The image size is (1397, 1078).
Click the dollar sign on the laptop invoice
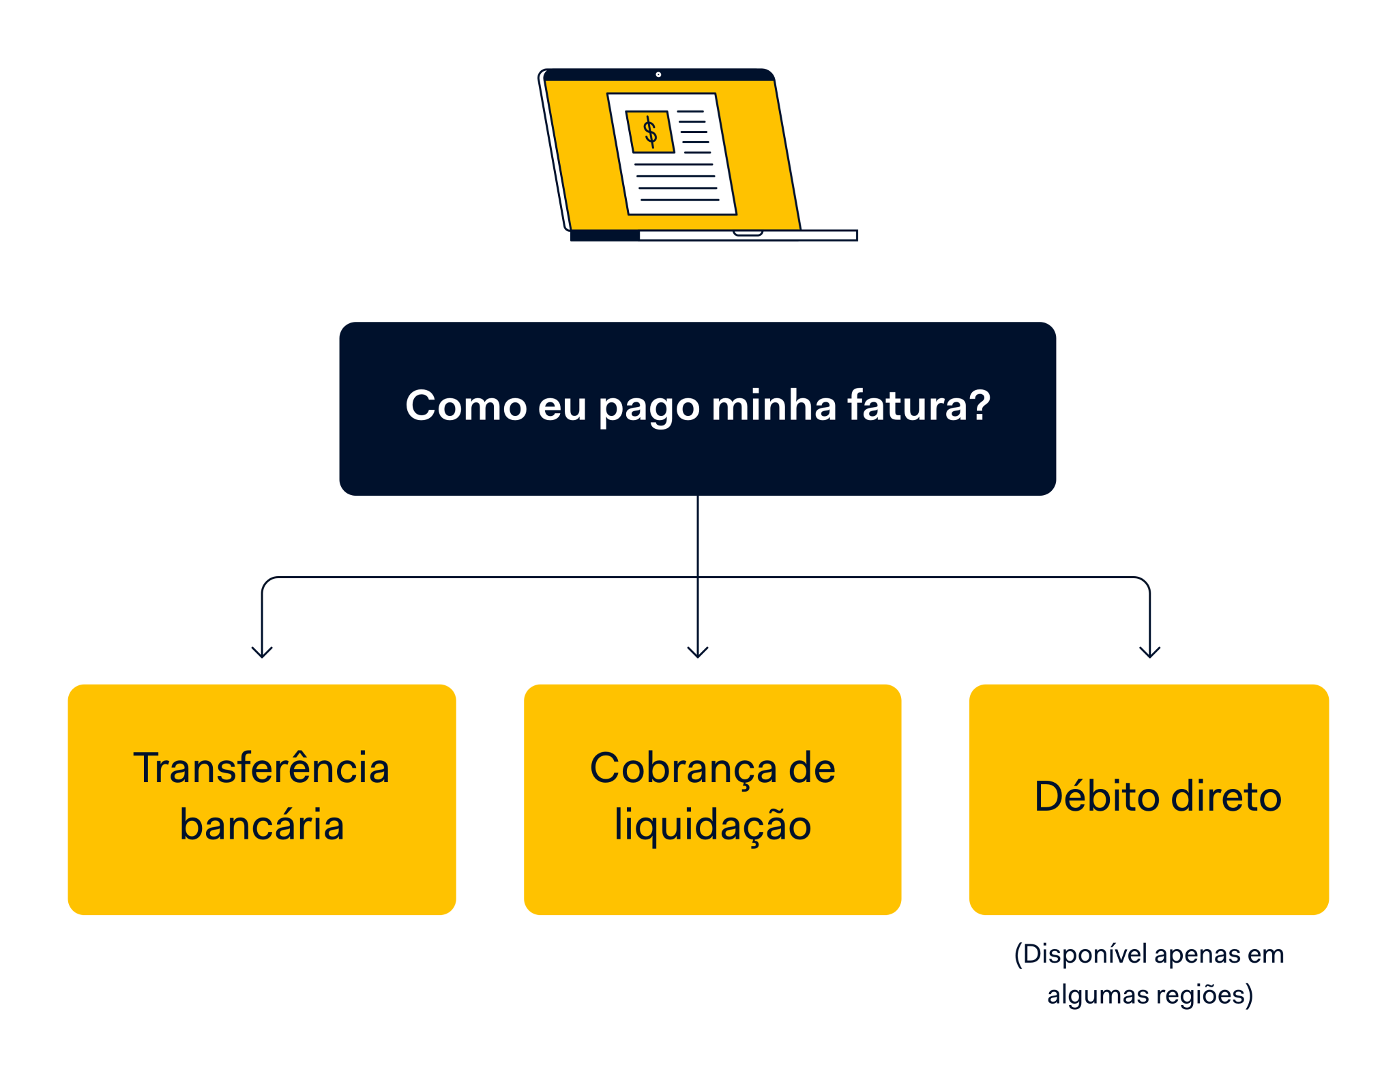(x=650, y=132)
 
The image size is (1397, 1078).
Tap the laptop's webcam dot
(x=658, y=74)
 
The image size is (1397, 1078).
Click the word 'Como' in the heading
(x=466, y=406)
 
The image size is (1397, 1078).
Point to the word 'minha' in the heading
(x=774, y=406)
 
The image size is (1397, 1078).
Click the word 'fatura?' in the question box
(x=918, y=406)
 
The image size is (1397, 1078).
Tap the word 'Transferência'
(x=261, y=768)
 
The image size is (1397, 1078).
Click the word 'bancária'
(x=261, y=825)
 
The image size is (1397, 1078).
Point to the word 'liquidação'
(x=712, y=826)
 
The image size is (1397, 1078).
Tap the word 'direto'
(x=1226, y=796)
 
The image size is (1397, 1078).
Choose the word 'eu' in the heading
(x=562, y=406)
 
